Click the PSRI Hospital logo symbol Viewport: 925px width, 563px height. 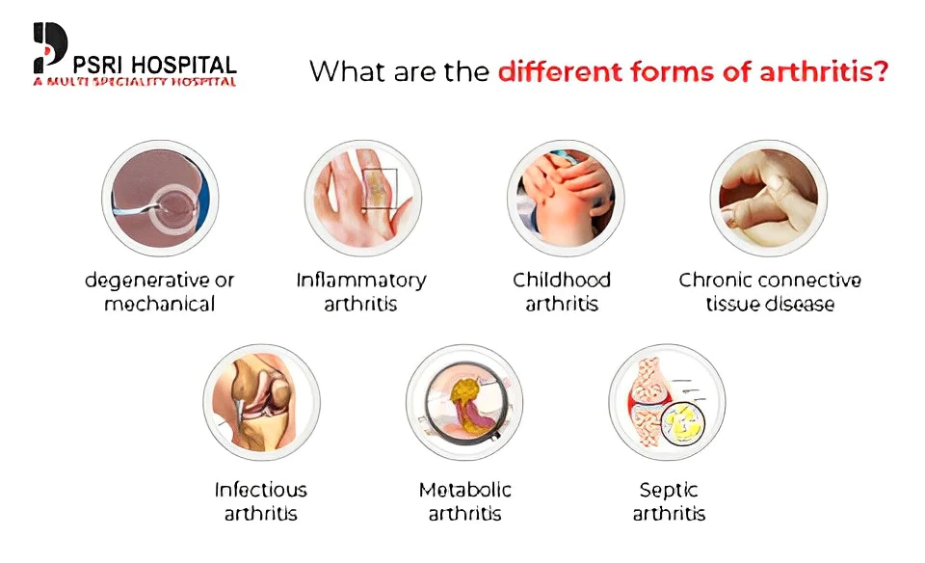49,47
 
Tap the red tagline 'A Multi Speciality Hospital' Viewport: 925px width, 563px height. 135,81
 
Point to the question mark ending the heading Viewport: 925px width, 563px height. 880,71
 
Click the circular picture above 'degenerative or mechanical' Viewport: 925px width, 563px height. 160,198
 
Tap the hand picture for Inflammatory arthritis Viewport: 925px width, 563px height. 363,198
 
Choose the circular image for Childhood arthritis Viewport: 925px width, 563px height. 566,198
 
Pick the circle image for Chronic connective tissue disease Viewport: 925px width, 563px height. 769,198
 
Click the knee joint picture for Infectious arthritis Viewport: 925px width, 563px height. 261,402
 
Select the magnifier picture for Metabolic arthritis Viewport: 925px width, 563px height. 464,402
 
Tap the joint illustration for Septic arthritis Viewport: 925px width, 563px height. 667,402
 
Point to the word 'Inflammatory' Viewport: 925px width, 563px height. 361,281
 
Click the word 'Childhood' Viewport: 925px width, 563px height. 562,280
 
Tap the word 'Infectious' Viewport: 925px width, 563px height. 261,490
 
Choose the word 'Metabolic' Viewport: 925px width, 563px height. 464,490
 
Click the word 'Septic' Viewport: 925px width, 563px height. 669,491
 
